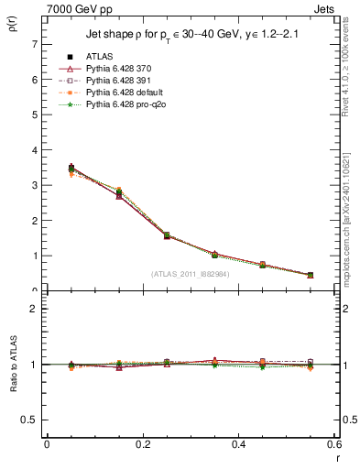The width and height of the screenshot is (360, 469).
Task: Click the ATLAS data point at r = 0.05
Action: (71, 168)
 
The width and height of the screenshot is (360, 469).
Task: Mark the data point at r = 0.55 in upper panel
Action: (310, 275)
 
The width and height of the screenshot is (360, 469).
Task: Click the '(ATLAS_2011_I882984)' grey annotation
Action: (190, 272)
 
